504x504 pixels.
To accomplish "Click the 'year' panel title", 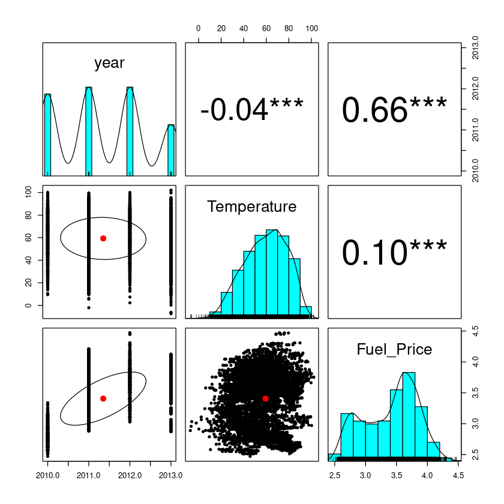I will pyautogui.click(x=109, y=63).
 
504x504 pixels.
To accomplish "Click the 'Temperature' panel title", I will pyautogui.click(x=252, y=207).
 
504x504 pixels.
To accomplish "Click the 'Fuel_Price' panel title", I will pyautogui.click(x=394, y=349).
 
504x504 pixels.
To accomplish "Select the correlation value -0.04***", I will pyautogui.click(x=252, y=111).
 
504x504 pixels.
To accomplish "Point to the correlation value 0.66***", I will pyautogui.click(x=394, y=111).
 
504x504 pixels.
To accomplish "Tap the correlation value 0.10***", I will pyautogui.click(x=394, y=253).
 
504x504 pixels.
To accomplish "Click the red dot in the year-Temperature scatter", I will pyautogui.click(x=103, y=238).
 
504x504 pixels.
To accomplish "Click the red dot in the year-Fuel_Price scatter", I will pyautogui.click(x=103, y=398).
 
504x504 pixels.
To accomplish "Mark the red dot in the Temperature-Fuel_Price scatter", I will pyautogui.click(x=265, y=398).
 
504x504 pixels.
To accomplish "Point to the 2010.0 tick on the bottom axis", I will pyautogui.click(x=47, y=476).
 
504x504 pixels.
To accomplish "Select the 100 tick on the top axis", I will pyautogui.click(x=311, y=28).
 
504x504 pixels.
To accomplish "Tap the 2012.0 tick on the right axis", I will pyautogui.click(x=475, y=89).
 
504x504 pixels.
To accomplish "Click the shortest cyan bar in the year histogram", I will pyautogui.click(x=171, y=149).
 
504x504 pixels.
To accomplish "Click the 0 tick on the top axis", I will pyautogui.click(x=198, y=28).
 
